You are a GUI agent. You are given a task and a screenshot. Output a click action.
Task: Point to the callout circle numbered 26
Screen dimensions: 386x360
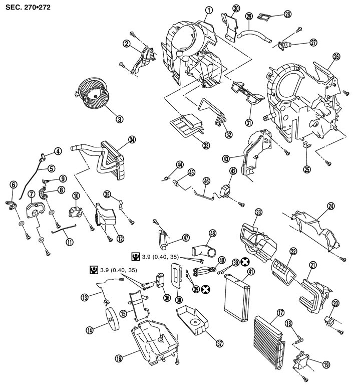coord(336,57)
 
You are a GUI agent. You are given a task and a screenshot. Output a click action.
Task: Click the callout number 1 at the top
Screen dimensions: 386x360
coord(209,10)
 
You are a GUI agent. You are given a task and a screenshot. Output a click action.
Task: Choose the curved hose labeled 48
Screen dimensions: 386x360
coord(201,248)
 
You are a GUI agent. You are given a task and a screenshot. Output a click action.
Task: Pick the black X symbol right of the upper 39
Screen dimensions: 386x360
coord(245,262)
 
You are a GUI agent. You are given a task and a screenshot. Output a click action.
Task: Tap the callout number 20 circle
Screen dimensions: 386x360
coord(335,303)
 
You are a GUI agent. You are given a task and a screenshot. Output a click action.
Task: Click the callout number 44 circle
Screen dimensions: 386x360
coord(179,164)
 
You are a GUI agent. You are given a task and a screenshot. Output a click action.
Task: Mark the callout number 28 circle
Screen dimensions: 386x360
coord(287,14)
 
